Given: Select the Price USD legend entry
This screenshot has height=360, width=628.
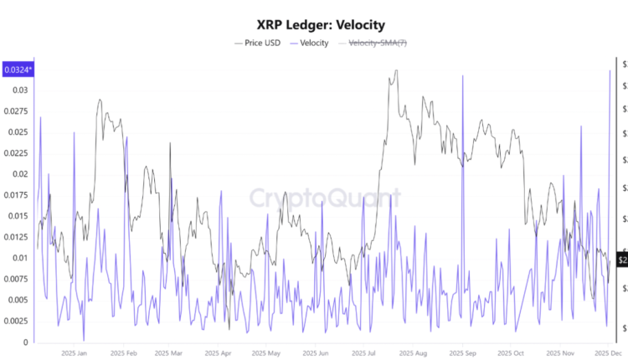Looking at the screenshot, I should [257, 43].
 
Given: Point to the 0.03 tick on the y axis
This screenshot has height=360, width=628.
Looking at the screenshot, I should [18, 90].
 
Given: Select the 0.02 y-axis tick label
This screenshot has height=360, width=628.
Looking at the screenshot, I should [18, 174].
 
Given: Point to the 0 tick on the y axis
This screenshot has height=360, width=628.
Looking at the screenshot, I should [25, 342].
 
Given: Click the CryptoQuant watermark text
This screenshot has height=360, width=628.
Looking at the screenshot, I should [325, 198].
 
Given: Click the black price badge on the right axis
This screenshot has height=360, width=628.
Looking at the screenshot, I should [622, 260].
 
